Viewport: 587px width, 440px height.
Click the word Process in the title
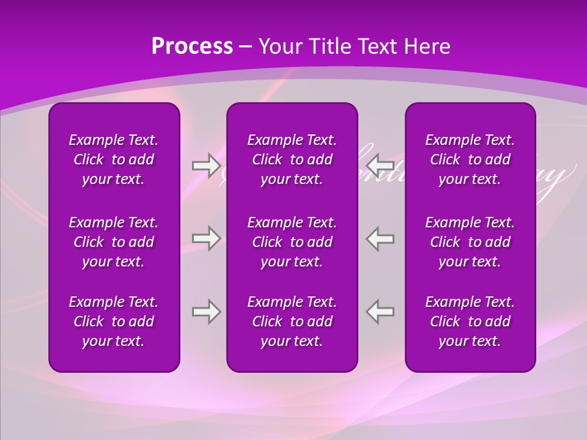[x=192, y=46]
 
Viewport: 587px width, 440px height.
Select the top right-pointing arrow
[x=206, y=164]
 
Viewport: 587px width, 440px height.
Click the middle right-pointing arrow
[x=206, y=238]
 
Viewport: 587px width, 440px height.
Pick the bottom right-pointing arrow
[x=206, y=312]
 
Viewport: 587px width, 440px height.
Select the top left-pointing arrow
[x=380, y=164]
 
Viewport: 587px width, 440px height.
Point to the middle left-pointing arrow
[x=380, y=238]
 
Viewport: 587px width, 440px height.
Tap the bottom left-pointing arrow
[x=380, y=312]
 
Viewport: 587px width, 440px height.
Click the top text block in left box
[x=114, y=159]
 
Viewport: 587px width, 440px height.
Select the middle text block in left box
[x=114, y=242]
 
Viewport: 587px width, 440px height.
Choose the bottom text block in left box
[x=114, y=321]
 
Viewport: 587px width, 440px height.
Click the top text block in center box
[x=292, y=159]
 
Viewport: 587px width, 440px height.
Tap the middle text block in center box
[x=292, y=242]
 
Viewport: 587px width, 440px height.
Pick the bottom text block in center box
[x=292, y=321]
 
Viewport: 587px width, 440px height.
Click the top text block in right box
[x=470, y=159]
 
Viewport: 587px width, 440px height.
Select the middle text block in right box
[x=470, y=242]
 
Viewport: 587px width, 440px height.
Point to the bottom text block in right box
[x=470, y=321]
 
